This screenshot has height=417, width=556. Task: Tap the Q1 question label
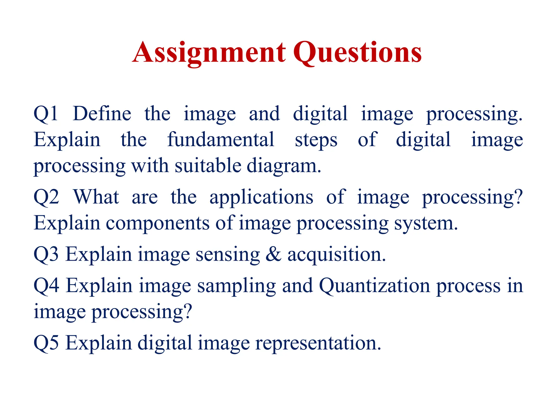[x=46, y=113]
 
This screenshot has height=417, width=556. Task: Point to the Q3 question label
[x=46, y=254]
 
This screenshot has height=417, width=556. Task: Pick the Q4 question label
[x=46, y=286]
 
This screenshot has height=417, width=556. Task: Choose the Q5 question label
[x=46, y=343]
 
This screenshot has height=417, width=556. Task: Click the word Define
[x=102, y=113]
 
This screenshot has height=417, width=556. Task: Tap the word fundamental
[x=221, y=140]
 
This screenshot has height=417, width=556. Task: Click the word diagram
[x=284, y=166]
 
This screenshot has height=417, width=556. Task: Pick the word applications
[x=261, y=198]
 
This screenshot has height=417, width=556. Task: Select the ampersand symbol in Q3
[x=273, y=254]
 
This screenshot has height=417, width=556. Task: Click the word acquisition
[x=336, y=255]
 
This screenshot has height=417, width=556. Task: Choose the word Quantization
[x=374, y=286]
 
